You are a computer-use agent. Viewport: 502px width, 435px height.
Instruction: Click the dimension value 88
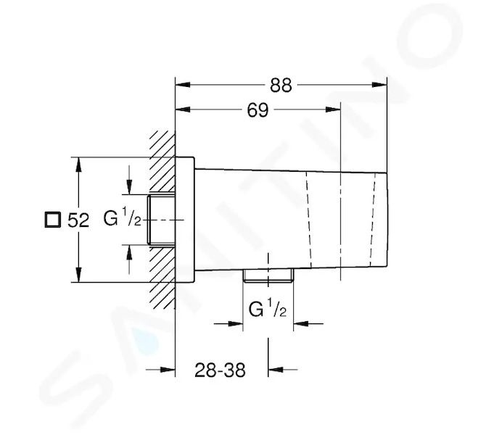(281, 86)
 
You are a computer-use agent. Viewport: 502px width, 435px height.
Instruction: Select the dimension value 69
(258, 110)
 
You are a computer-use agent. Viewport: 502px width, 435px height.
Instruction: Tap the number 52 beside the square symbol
(78, 220)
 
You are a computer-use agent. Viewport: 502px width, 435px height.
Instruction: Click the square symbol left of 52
(52, 220)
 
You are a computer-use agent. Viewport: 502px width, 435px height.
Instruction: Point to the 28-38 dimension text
(220, 370)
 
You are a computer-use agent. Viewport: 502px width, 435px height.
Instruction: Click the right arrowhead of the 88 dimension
(379, 85)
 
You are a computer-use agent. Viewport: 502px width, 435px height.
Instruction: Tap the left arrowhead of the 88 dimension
(183, 85)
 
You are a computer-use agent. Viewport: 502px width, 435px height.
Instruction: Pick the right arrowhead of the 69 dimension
(333, 109)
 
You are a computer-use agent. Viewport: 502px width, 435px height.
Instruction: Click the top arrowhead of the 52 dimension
(78, 165)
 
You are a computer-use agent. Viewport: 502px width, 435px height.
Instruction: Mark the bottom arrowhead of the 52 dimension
(78, 275)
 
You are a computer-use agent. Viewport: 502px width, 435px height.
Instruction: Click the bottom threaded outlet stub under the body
(268, 275)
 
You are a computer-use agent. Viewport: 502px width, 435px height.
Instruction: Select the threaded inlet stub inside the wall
(161, 220)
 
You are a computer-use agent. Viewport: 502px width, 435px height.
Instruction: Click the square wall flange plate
(185, 220)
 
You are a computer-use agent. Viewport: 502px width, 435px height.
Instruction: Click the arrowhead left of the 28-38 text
(168, 370)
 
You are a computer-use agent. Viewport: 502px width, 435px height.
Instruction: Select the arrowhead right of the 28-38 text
(276, 370)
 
